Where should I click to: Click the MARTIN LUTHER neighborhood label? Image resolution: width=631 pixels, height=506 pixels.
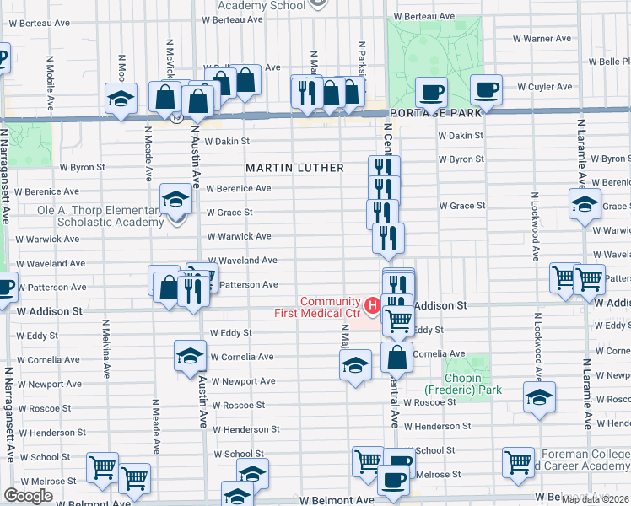pyautogui.click(x=294, y=168)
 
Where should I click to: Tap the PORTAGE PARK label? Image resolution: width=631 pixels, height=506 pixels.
pyautogui.click(x=435, y=112)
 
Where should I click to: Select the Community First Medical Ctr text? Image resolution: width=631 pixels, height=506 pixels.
pyautogui.click(x=331, y=308)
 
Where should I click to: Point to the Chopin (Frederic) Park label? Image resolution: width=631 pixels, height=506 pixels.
pyautogui.click(x=463, y=384)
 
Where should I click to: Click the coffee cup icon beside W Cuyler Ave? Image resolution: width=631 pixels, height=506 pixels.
pyautogui.click(x=486, y=89)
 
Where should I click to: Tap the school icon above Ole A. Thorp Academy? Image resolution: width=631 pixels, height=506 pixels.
pyautogui.click(x=175, y=199)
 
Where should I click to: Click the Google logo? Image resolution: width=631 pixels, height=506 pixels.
pyautogui.click(x=28, y=496)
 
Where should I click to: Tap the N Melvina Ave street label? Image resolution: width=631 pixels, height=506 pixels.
pyautogui.click(x=105, y=347)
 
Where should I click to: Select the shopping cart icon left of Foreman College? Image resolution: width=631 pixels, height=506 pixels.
pyautogui.click(x=518, y=461)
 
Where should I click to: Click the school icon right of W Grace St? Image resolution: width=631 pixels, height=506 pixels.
pyautogui.click(x=585, y=203)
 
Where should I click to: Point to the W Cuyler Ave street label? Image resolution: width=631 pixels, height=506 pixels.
pyautogui.click(x=545, y=87)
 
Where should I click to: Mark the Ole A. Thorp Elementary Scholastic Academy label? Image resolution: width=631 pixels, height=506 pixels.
pyautogui.click(x=100, y=216)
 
